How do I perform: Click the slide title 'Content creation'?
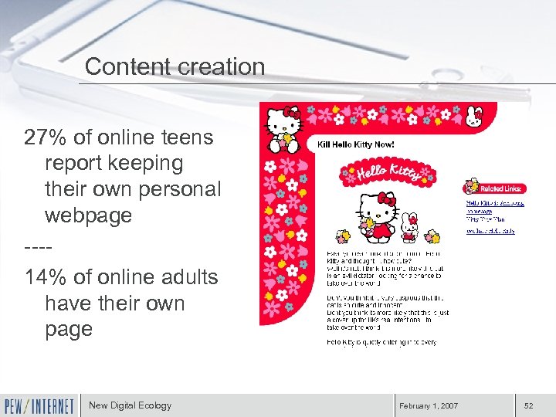pyautogui.click(x=175, y=66)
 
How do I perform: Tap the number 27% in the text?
pyautogui.click(x=46, y=137)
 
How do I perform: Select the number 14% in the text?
pyautogui.click(x=46, y=276)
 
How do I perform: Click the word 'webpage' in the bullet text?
pyautogui.click(x=88, y=215)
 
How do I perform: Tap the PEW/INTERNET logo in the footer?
pyautogui.click(x=39, y=405)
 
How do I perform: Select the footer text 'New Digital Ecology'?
pyautogui.click(x=130, y=405)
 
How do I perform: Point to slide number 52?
pyautogui.click(x=528, y=405)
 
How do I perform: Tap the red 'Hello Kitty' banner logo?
pyautogui.click(x=385, y=170)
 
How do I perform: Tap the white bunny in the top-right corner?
pyautogui.click(x=473, y=117)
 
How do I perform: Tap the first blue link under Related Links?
pyautogui.click(x=494, y=203)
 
